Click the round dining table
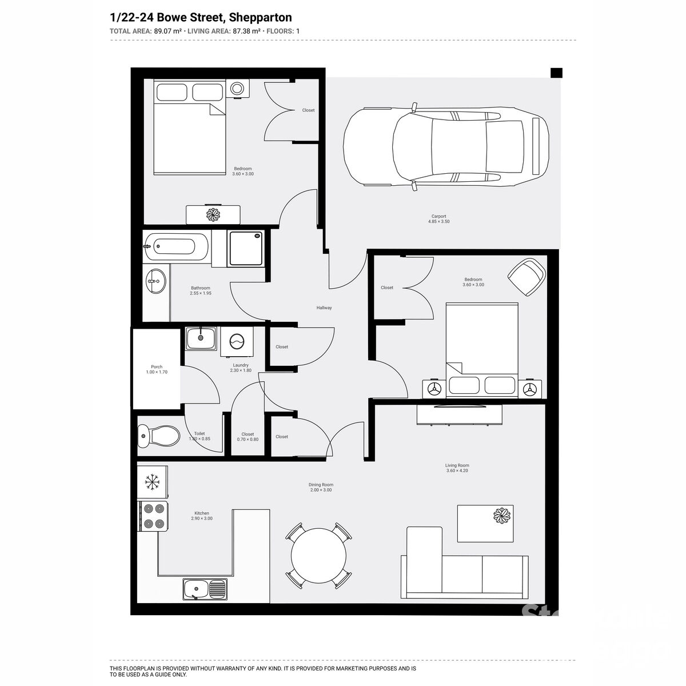318,555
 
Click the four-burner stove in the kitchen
153,516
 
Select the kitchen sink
205,588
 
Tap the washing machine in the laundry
237,341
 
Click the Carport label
438,217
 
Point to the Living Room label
457,465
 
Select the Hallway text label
324,308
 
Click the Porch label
157,367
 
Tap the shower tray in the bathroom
246,248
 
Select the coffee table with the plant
485,523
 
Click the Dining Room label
320,484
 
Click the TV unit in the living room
460,414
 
